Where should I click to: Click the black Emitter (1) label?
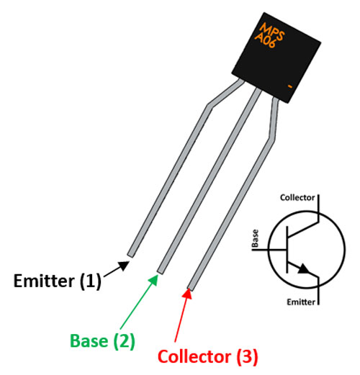58,281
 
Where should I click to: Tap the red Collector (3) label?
207,356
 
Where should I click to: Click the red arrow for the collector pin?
181,316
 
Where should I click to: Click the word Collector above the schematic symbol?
297,196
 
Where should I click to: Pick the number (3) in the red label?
246,356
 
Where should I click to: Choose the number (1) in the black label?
90,281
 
